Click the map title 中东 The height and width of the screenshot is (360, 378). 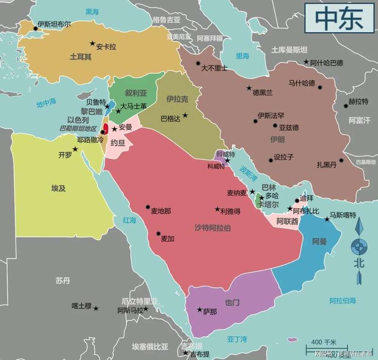[x=339, y=18]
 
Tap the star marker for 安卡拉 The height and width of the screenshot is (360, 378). [x=92, y=44]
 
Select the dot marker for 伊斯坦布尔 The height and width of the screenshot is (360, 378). [x=35, y=28]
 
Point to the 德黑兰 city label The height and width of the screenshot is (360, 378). [x=263, y=93]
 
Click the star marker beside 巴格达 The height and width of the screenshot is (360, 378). [x=185, y=115]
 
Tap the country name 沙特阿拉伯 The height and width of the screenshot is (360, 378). [x=213, y=228]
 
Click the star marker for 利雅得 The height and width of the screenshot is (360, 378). [x=217, y=209]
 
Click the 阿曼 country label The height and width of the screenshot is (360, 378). [x=319, y=242]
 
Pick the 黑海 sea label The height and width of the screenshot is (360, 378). [x=92, y=12]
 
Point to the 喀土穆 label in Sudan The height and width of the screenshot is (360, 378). [x=81, y=306]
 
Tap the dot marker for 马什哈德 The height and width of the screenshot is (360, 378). [x=320, y=87]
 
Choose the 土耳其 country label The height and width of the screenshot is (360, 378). [x=81, y=56]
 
